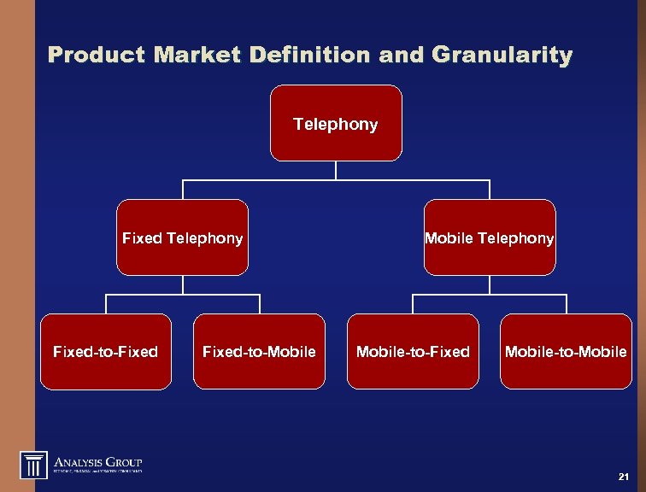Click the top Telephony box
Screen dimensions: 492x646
click(336, 123)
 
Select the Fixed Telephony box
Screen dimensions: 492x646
click(182, 237)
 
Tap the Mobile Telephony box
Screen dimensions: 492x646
click(489, 237)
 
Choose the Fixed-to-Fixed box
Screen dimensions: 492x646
click(105, 351)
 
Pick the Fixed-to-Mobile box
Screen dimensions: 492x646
click(259, 351)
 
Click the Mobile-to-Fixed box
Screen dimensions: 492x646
click(413, 351)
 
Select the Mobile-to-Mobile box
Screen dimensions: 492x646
click(566, 351)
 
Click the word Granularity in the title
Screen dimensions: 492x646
click(502, 56)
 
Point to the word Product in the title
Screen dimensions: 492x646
click(97, 56)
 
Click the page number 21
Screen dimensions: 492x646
click(622, 476)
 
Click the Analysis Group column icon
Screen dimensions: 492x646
click(33, 465)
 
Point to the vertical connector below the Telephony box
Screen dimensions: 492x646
click(336, 170)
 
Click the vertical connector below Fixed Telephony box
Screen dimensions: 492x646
click(182, 284)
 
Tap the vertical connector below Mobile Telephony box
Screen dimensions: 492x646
click(489, 284)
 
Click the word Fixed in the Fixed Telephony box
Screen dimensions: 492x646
click(141, 238)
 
